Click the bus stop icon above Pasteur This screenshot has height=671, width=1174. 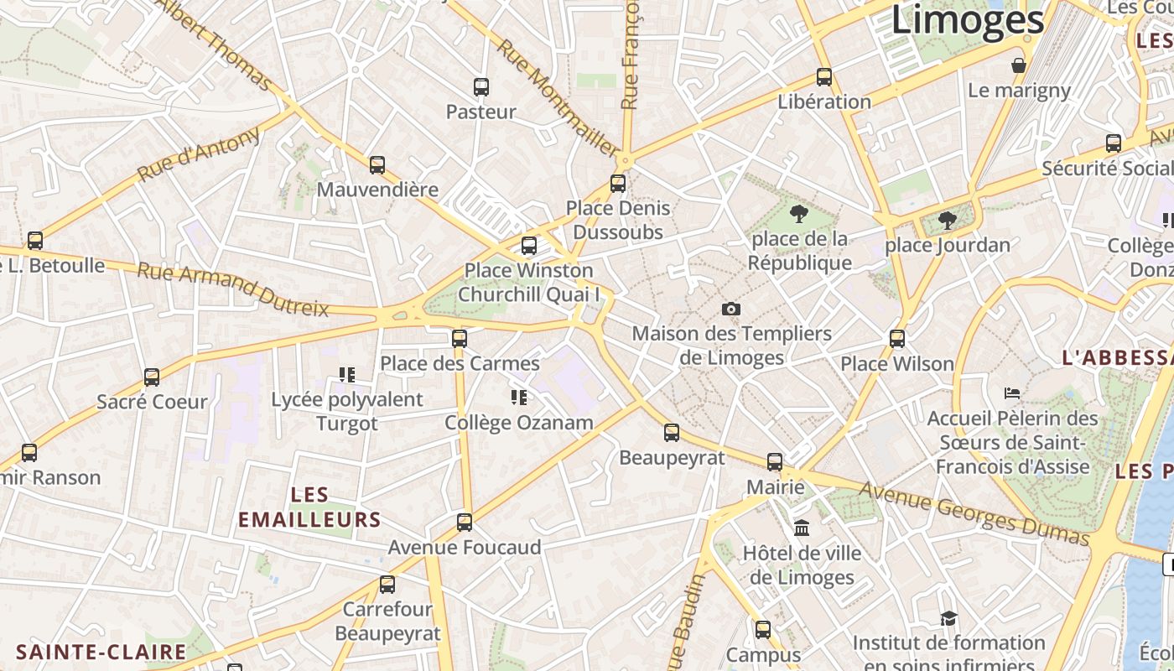tap(481, 86)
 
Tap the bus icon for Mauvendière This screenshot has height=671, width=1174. tap(377, 164)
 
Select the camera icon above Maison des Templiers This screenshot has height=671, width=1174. tap(731, 309)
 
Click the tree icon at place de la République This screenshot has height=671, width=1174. tap(798, 214)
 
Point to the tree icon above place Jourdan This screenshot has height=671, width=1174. tap(948, 221)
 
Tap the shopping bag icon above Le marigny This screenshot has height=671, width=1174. tap(1019, 65)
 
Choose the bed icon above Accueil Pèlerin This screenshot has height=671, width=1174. tap(1012, 393)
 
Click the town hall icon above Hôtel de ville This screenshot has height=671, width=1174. tap(802, 528)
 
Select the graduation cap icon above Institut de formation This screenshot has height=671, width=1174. tap(948, 618)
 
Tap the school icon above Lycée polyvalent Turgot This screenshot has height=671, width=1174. tap(347, 374)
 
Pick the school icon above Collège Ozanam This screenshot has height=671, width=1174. tap(519, 398)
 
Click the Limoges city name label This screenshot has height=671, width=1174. tap(967, 20)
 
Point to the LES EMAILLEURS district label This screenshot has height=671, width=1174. tap(309, 507)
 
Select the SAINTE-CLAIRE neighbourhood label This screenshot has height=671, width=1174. tap(101, 652)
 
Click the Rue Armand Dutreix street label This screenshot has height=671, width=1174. tap(233, 289)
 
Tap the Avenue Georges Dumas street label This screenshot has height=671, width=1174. tap(974, 511)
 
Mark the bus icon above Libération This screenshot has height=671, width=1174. tap(824, 77)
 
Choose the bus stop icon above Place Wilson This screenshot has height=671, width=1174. tap(897, 339)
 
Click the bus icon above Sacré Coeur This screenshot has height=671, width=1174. tap(152, 377)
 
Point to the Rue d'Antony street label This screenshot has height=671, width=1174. tap(199, 154)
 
